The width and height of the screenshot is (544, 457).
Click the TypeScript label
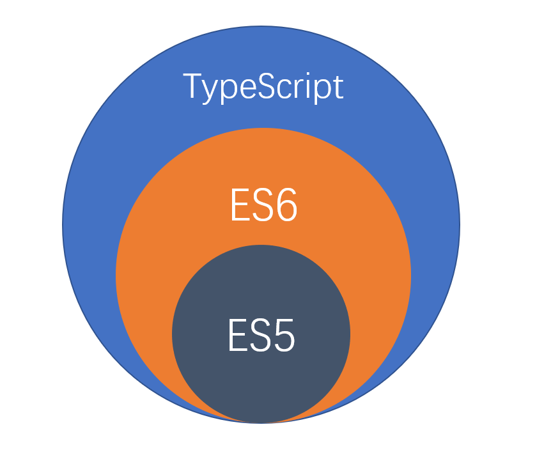click(x=263, y=87)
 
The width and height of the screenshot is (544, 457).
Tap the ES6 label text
click(x=263, y=205)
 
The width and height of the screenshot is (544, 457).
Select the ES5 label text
click(x=261, y=336)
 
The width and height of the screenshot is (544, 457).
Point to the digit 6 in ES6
click(x=286, y=205)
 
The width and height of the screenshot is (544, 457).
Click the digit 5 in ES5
click(x=283, y=336)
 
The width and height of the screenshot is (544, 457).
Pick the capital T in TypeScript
click(x=192, y=86)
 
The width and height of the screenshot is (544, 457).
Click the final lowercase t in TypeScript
click(x=338, y=87)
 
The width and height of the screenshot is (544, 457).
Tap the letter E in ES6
click(x=240, y=205)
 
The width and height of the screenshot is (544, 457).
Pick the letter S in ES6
click(x=262, y=205)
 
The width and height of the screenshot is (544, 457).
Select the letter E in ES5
click(x=237, y=336)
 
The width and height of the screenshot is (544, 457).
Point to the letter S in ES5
click(x=260, y=336)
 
